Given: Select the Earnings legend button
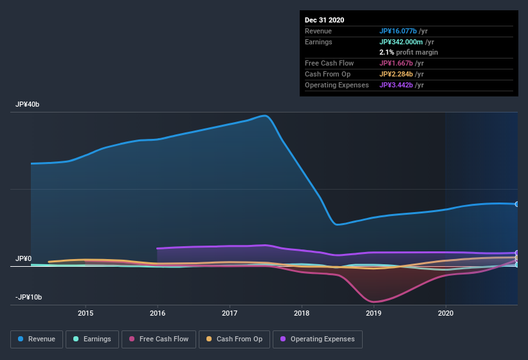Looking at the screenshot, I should tap(92, 339).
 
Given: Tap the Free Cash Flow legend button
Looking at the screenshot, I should tap(158, 339).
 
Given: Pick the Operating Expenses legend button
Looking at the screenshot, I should tap(317, 339).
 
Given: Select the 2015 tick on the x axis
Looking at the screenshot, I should tap(86, 313).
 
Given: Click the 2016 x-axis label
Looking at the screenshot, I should tap(158, 313).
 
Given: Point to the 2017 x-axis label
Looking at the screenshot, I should tap(230, 313).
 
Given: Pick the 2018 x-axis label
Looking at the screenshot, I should tap(302, 313).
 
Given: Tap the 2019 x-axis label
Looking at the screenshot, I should tap(374, 313).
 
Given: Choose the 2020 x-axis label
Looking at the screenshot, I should tap(445, 313).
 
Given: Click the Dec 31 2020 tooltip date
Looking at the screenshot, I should tap(324, 20).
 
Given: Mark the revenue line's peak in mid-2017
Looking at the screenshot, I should tap(264, 116).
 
